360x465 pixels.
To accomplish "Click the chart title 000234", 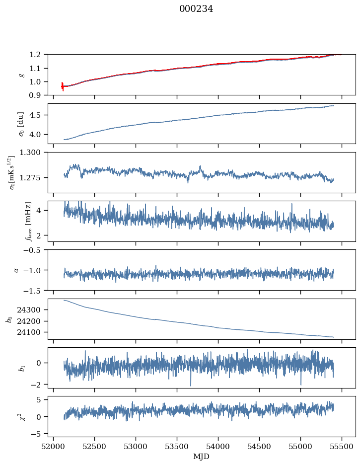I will click(196, 9).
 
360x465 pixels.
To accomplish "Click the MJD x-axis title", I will click(201, 457).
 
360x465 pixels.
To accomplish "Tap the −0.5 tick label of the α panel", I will click(34, 250).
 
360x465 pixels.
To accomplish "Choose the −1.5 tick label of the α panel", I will click(34, 290).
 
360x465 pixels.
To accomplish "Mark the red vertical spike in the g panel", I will click(62, 86).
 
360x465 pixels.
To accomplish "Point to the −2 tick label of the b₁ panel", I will click(38, 385).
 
